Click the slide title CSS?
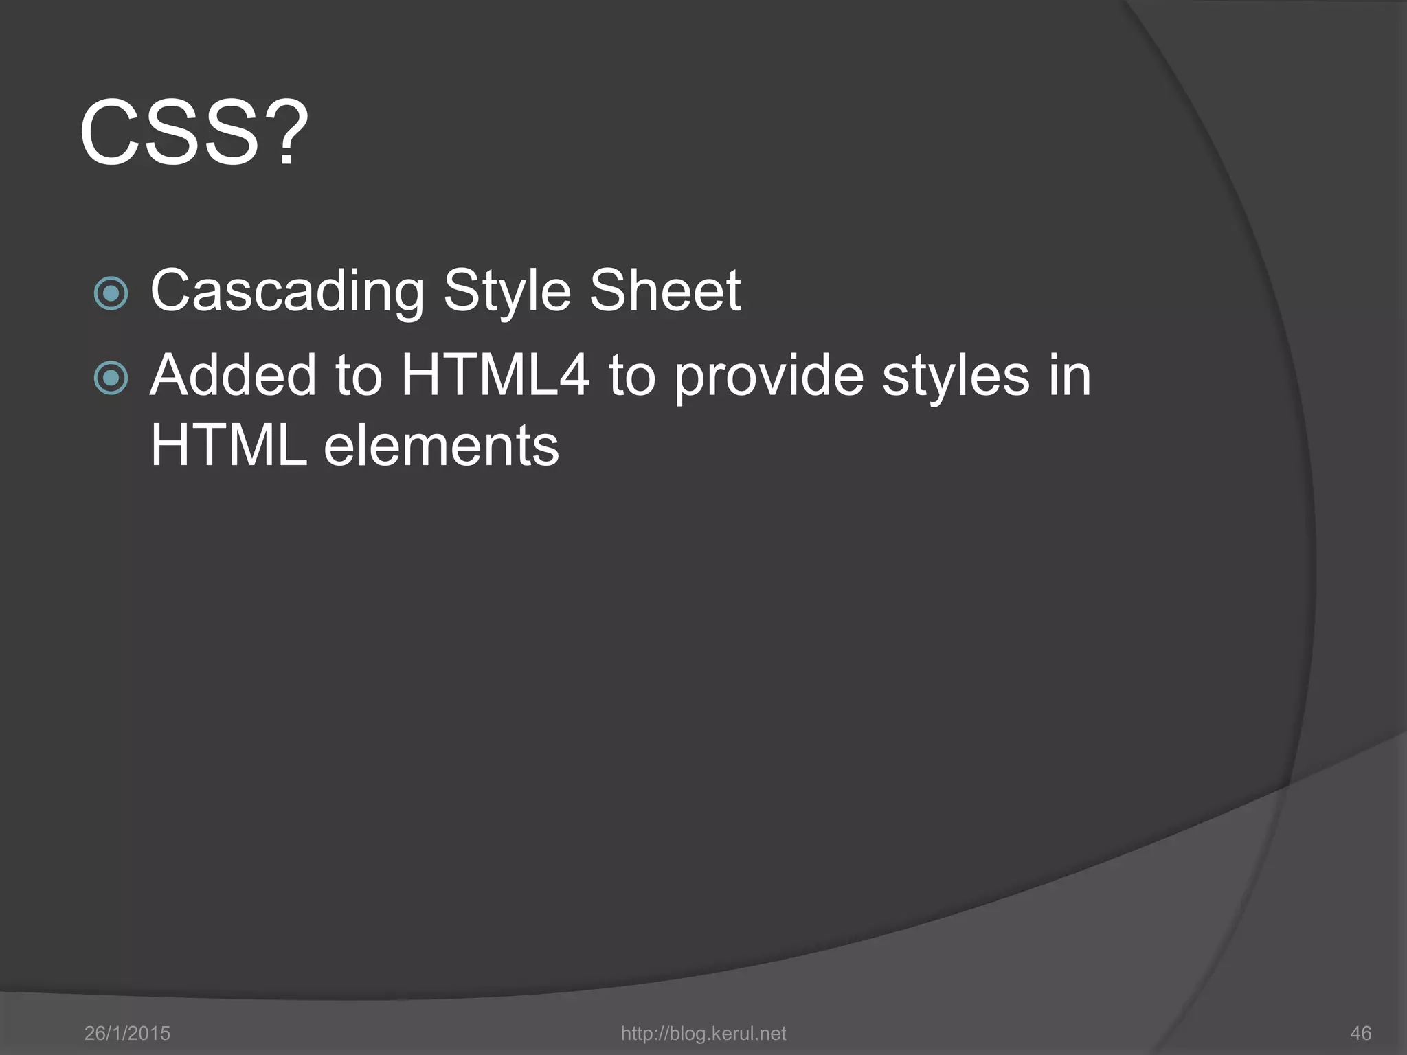tap(194, 132)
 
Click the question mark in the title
tap(286, 132)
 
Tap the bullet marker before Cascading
tap(111, 293)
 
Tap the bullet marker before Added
tap(111, 378)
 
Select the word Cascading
tap(287, 292)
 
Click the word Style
tap(506, 292)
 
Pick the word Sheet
tap(665, 291)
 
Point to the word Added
tap(233, 376)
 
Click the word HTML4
tap(495, 376)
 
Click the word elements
tap(441, 446)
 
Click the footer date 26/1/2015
tap(127, 1033)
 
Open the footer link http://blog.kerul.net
tap(703, 1033)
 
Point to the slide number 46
tap(1360, 1033)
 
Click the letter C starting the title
tap(113, 132)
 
